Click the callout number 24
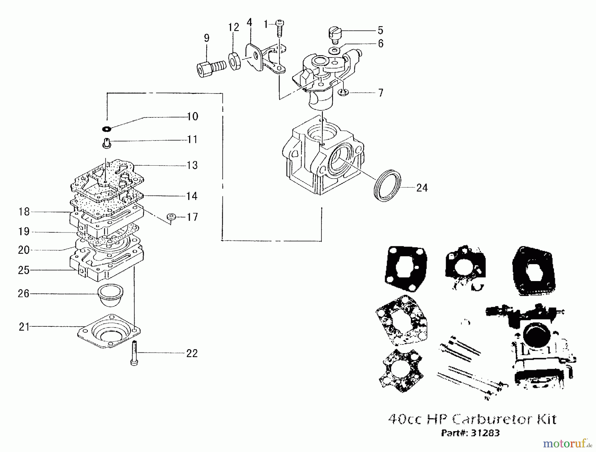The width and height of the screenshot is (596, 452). (422, 188)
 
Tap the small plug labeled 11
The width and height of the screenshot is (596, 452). (106, 144)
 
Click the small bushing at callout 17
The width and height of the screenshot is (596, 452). (171, 217)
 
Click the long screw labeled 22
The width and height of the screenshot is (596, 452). (134, 353)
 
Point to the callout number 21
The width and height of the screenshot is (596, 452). (24, 327)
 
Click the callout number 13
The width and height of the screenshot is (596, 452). (192, 165)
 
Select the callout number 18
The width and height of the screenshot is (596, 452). (24, 212)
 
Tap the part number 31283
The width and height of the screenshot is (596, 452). (485, 433)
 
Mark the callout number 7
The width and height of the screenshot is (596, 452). (381, 93)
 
